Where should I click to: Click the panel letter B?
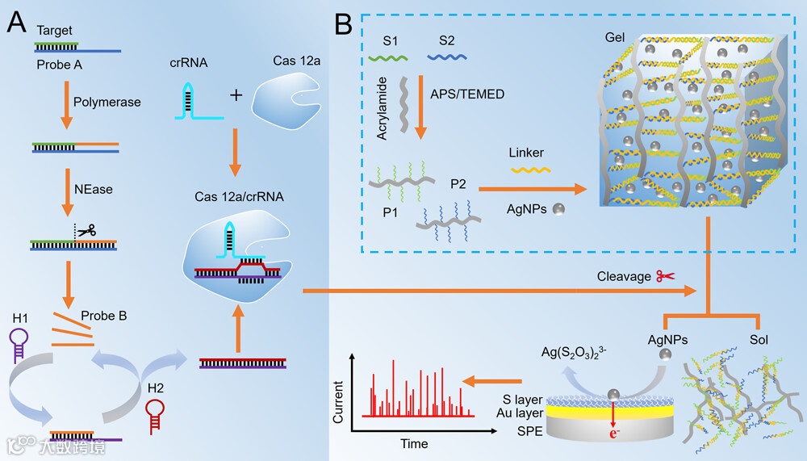coord(342,24)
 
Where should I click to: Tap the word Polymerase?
coord(107,103)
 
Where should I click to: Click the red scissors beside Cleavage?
coord(665,276)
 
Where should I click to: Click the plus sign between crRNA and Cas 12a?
coord(236,96)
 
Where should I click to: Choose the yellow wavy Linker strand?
coord(529,171)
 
